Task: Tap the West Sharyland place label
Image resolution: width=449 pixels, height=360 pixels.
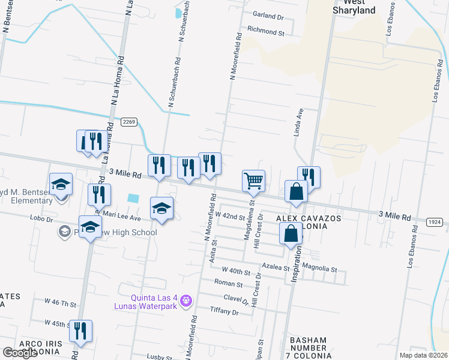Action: pyautogui.click(x=354, y=7)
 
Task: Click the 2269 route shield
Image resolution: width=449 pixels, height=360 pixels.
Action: pyautogui.click(x=129, y=122)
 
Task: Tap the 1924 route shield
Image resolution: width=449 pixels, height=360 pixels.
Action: pyautogui.click(x=435, y=223)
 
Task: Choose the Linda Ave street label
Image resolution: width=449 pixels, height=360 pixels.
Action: pyautogui.click(x=297, y=123)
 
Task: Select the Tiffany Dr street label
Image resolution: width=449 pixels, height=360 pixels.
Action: pyautogui.click(x=224, y=312)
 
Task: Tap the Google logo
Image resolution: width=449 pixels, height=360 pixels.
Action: pyautogui.click(x=20, y=353)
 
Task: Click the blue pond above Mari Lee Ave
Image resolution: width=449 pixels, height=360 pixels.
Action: pyautogui.click(x=133, y=198)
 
